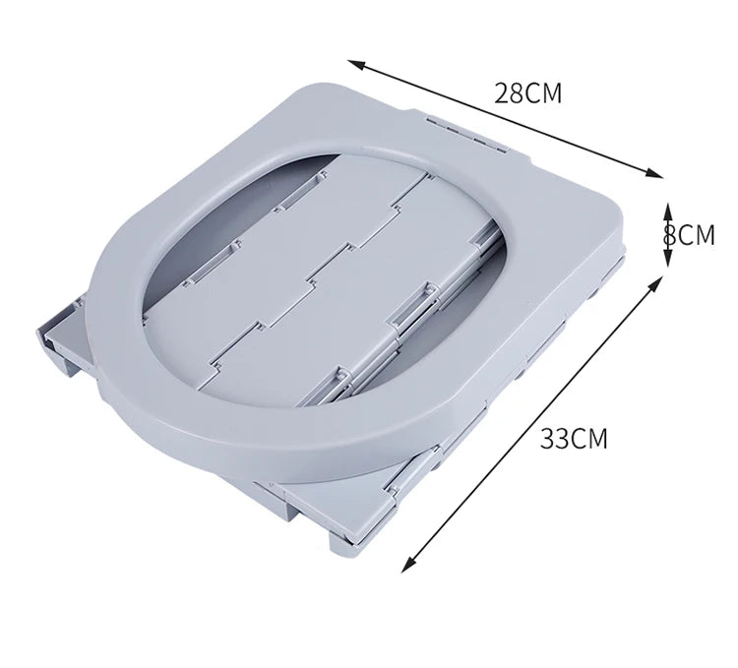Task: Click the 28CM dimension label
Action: pyautogui.click(x=527, y=93)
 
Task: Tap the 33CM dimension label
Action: pyautogui.click(x=574, y=439)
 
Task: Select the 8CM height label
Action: pyautogui.click(x=689, y=235)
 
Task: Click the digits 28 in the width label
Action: pyautogui.click(x=509, y=93)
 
